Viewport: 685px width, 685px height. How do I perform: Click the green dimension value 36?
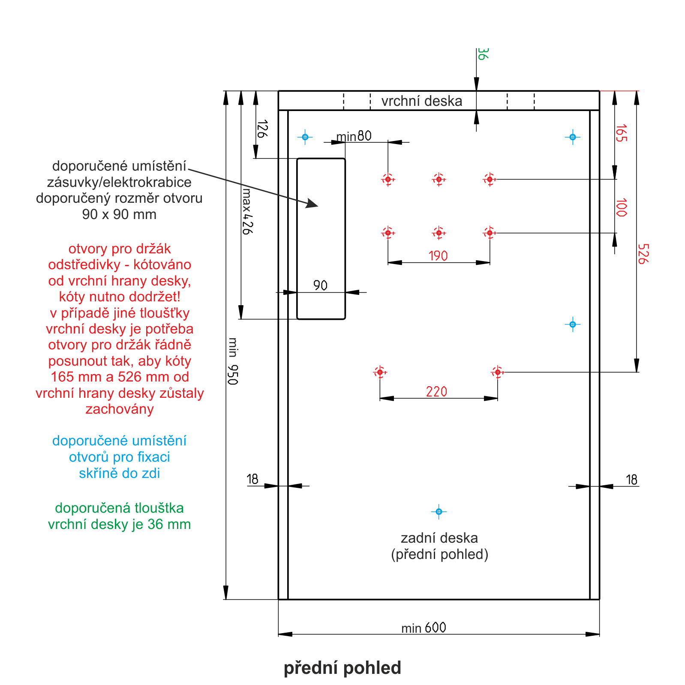tap(482, 54)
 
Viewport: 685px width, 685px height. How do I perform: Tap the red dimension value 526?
tap(643, 254)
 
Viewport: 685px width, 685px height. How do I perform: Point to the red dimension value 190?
tap(438, 256)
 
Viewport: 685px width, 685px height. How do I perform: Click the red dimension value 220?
tap(436, 391)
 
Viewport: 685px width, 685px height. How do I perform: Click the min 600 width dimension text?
tap(424, 628)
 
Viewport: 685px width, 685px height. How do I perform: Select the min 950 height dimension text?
tap(233, 361)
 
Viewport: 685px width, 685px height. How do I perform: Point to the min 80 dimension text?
tap(354, 136)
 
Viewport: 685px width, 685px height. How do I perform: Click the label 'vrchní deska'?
tap(422, 101)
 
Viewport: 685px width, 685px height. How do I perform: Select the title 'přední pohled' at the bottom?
tap(342, 668)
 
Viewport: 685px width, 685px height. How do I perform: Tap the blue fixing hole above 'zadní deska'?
tap(439, 511)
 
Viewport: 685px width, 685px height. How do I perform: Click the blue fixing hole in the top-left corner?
tap(305, 137)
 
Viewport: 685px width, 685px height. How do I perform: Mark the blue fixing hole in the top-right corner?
tap(572, 137)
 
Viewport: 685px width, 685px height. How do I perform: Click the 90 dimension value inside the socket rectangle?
tap(320, 285)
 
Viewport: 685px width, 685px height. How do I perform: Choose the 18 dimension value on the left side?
tap(252, 479)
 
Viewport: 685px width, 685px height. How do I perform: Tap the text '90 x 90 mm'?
tap(119, 214)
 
